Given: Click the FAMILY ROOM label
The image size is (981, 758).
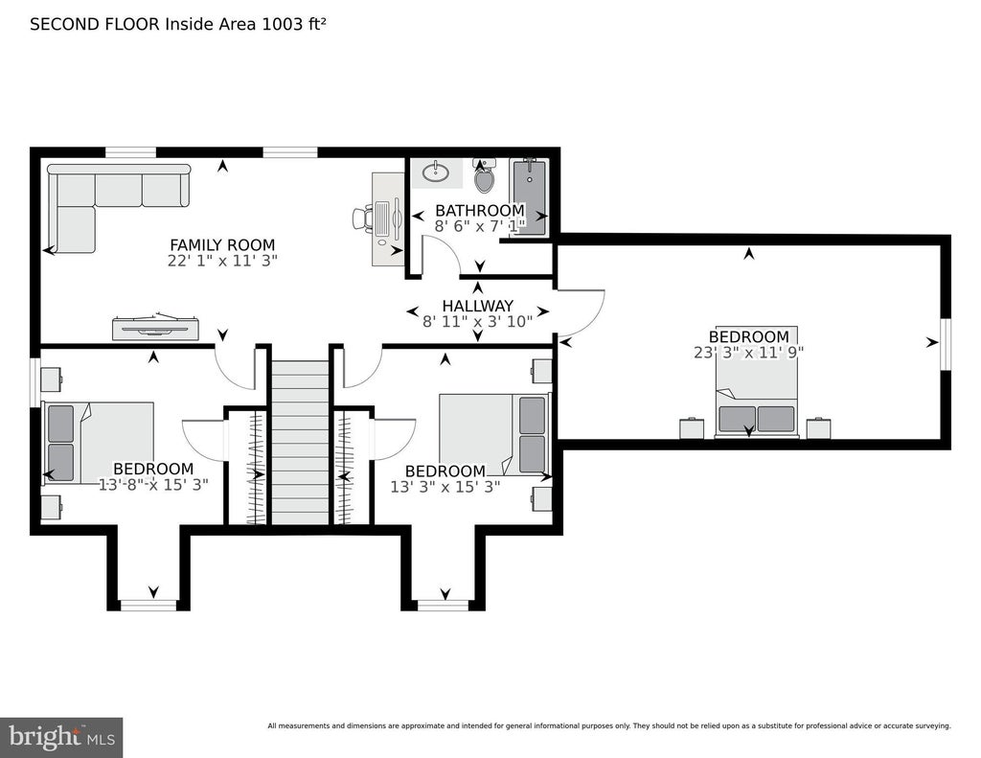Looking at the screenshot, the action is pyautogui.click(x=222, y=244).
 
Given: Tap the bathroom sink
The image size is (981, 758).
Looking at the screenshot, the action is pyautogui.click(x=436, y=172).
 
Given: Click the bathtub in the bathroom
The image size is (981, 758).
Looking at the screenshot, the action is pyautogui.click(x=529, y=196).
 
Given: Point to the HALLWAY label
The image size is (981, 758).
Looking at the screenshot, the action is pyautogui.click(x=477, y=306).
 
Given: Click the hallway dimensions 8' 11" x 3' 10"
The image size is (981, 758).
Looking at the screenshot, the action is pyautogui.click(x=477, y=322).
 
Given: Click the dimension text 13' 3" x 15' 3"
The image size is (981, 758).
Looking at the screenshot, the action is pyautogui.click(x=445, y=487).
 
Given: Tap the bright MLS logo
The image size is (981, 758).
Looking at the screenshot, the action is pyautogui.click(x=61, y=737).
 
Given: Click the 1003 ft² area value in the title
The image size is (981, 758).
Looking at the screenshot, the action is pyautogui.click(x=294, y=24).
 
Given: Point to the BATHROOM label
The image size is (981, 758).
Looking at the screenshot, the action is pyautogui.click(x=480, y=210).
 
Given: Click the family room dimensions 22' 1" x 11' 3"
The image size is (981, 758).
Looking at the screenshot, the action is pyautogui.click(x=222, y=261).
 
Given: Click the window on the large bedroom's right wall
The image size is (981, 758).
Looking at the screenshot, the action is pyautogui.click(x=946, y=344).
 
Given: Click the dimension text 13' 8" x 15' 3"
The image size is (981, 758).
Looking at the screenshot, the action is pyautogui.click(x=153, y=485).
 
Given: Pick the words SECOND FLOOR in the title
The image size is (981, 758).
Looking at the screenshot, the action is pyautogui.click(x=95, y=24).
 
